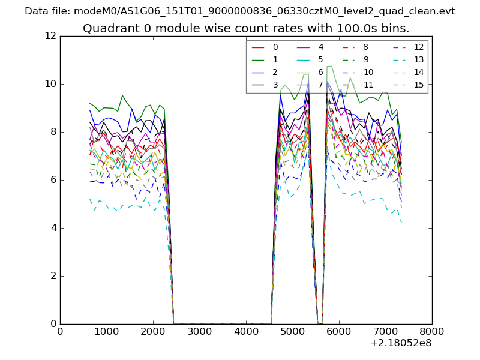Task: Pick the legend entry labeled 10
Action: (x=368, y=72)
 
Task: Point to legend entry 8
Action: (x=365, y=47)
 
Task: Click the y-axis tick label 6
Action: (x=52, y=180)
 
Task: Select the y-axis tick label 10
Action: (x=50, y=84)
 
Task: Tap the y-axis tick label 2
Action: (x=52, y=276)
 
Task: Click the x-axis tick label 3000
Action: (x=199, y=331)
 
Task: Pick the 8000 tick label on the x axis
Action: (x=432, y=331)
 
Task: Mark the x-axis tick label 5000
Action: (x=292, y=331)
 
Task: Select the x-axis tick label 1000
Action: (x=106, y=331)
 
